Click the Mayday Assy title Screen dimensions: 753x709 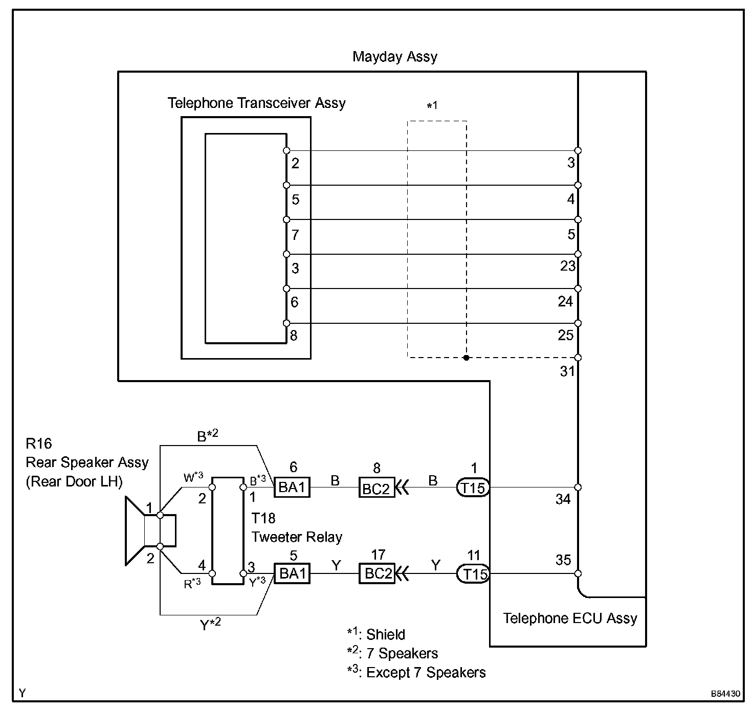tap(395, 57)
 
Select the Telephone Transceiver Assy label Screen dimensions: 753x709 tap(256, 103)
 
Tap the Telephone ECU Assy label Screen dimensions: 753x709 tap(570, 618)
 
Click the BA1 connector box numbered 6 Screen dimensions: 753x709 tap(292, 487)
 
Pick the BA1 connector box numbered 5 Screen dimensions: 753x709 tap(292, 573)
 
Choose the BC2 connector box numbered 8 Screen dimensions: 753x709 tap(377, 488)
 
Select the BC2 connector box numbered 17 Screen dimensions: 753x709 tap(377, 573)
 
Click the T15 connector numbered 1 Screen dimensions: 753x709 tap(473, 488)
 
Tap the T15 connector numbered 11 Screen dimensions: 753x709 tap(473, 573)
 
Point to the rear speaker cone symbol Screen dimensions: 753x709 tap(135, 531)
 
